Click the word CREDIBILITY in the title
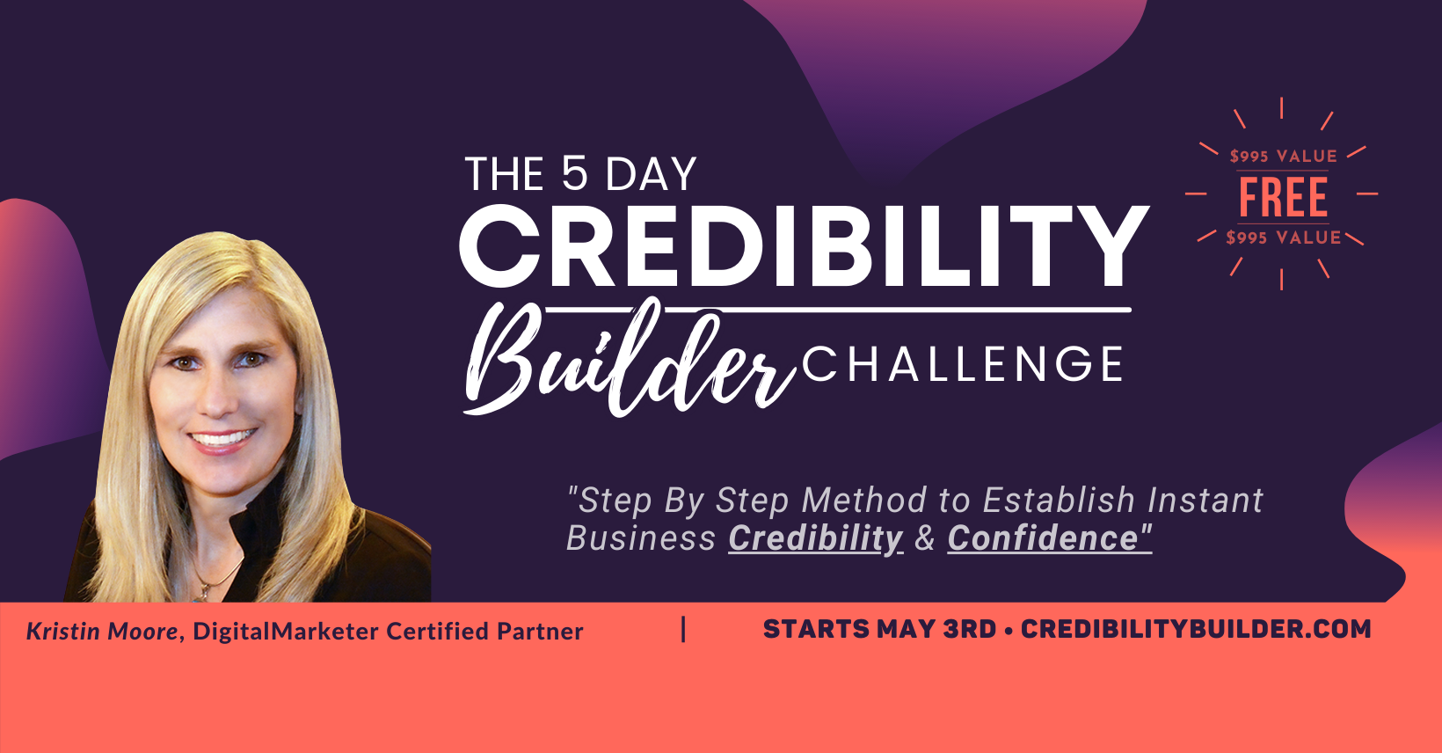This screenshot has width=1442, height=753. [x=804, y=247]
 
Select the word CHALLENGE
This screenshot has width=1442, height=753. [x=963, y=364]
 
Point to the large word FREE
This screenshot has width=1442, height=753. [x=1283, y=197]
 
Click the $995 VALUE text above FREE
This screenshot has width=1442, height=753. [x=1283, y=157]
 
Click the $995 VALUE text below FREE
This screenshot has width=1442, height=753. [x=1283, y=238]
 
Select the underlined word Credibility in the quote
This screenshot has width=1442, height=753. [x=815, y=538]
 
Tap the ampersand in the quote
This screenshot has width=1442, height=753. [x=925, y=538]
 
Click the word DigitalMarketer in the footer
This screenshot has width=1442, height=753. [x=286, y=632]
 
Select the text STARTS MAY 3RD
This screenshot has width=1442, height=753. [x=879, y=630]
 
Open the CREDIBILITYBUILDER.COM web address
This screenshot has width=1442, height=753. [x=1196, y=630]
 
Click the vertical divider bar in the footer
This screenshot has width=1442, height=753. [x=684, y=630]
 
